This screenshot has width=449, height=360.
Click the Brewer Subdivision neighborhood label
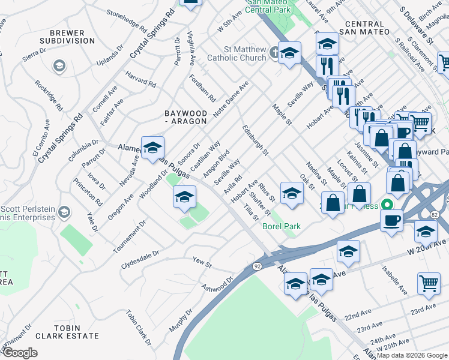(67, 36)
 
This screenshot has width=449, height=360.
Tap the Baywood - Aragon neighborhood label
(186, 117)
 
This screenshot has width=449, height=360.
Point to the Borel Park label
(282, 226)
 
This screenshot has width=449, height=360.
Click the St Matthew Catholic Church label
(236, 54)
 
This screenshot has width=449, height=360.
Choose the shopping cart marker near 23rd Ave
(429, 283)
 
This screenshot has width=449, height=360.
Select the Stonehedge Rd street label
(127, 20)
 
